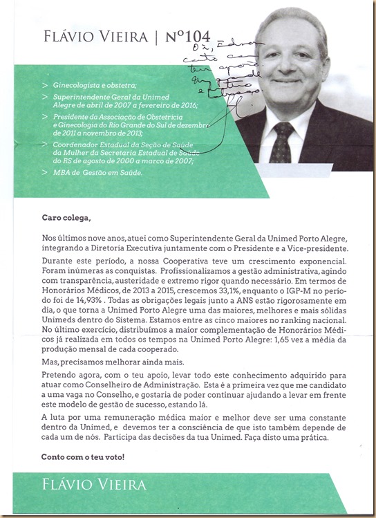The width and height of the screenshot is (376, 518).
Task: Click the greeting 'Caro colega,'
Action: click(66, 219)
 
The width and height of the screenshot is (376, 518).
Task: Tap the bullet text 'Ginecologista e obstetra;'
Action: click(88, 84)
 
